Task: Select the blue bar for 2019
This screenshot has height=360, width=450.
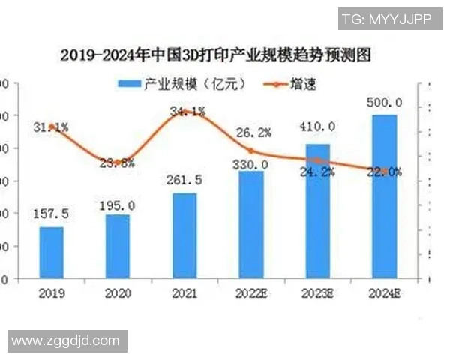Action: [52, 252]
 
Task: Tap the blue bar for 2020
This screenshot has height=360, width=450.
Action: [117, 246]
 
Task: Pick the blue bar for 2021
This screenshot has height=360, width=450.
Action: [184, 235]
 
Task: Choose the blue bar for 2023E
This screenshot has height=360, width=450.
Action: [318, 211]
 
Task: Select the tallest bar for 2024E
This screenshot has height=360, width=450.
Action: [385, 196]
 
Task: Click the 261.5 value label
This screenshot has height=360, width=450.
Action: [184, 181]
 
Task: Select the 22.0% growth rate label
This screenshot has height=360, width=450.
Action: [385, 172]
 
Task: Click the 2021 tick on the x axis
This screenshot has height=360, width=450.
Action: [184, 293]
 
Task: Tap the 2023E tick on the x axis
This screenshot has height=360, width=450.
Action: [318, 293]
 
